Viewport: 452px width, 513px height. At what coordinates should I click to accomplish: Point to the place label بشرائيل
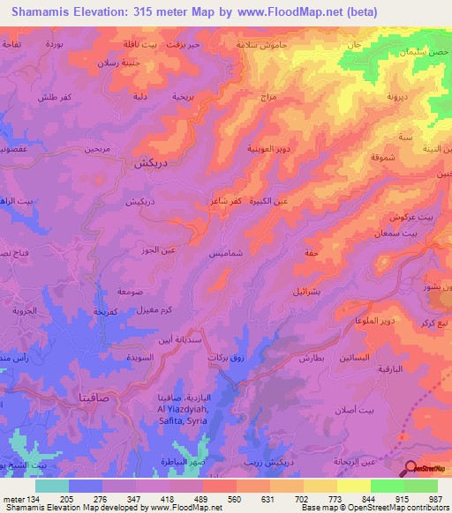(x=308, y=289)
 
